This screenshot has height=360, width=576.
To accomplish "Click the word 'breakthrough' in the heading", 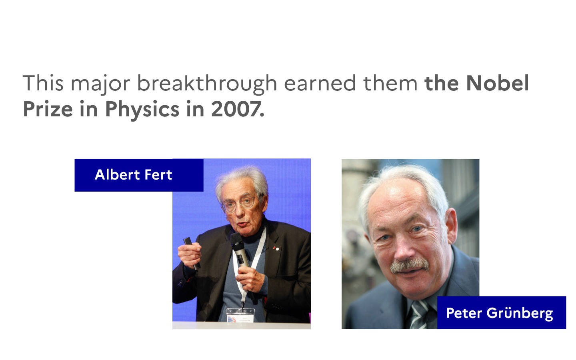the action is (207, 84).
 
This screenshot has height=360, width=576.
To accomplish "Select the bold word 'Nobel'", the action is (497, 83).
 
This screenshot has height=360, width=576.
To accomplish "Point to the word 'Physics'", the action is (142, 110).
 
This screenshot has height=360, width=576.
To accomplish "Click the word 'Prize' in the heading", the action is (48, 109).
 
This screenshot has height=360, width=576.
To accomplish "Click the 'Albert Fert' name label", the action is (139, 175).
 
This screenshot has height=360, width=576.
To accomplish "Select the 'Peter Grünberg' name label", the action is (502, 313).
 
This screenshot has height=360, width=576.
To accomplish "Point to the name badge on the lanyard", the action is (240, 315).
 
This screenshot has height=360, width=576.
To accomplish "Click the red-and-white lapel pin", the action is (276, 248).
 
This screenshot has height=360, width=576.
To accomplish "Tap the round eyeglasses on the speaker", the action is (239, 204).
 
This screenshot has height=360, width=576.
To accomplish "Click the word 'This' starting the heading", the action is (43, 83).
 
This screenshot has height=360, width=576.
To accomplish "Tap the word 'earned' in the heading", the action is (320, 83).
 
